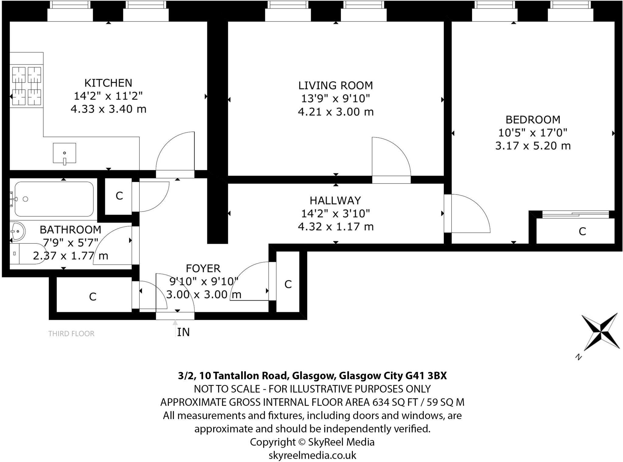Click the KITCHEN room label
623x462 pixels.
click(x=108, y=83)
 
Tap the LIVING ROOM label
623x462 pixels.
click(x=336, y=85)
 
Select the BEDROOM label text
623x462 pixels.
click(x=533, y=120)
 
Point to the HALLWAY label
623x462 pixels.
click(x=335, y=200)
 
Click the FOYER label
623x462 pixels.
click(x=203, y=268)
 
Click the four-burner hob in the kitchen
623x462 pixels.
click(x=26, y=86)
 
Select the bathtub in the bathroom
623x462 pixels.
click(x=54, y=199)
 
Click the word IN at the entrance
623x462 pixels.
click(x=183, y=332)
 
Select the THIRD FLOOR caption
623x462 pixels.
click(x=71, y=334)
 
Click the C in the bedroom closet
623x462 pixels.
click(x=582, y=231)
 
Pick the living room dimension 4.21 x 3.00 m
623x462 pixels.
click(x=336, y=112)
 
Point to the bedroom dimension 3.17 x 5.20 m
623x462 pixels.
click(x=533, y=146)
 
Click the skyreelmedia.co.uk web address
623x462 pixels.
click(x=312, y=455)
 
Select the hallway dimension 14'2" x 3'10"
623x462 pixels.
click(x=336, y=214)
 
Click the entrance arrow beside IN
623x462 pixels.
click(x=175, y=328)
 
